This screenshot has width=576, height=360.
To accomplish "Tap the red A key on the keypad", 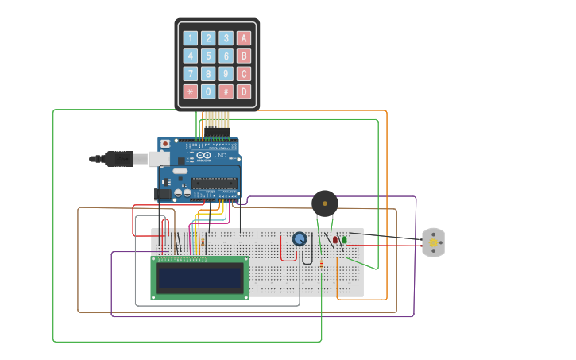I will pos(244,38).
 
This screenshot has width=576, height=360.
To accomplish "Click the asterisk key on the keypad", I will pos(190,91).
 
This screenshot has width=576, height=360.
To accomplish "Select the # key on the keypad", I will pos(226,91).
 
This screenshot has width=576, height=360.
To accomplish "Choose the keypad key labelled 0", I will pos(208,91).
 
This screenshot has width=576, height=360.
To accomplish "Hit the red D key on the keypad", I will pos(244,91).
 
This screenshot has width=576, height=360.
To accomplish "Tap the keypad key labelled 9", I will pos(226,74).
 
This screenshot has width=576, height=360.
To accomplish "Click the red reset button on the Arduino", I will pos(164,144).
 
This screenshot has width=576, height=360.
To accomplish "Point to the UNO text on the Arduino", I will pos(221,156).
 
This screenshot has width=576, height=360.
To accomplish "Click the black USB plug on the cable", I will pos(118,159).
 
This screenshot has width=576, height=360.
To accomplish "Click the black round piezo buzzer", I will pos(324,203).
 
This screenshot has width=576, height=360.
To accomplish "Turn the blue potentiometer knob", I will pos(300,239).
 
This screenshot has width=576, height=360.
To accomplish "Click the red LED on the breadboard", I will pos(335,239).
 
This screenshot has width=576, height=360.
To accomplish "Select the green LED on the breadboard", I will pos(344,239).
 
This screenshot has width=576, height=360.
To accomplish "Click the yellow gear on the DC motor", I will pos(434,242).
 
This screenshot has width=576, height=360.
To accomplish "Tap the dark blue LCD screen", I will pos(199,277).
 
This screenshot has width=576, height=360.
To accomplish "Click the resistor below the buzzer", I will pos(321,263).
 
